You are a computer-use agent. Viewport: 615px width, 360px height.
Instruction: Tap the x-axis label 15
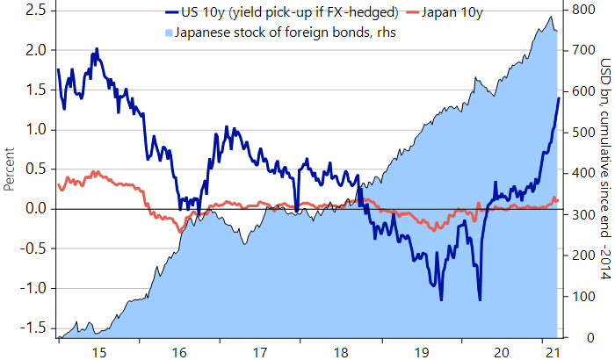(98, 352)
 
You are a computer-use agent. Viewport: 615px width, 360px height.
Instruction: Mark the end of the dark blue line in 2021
(559, 97)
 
